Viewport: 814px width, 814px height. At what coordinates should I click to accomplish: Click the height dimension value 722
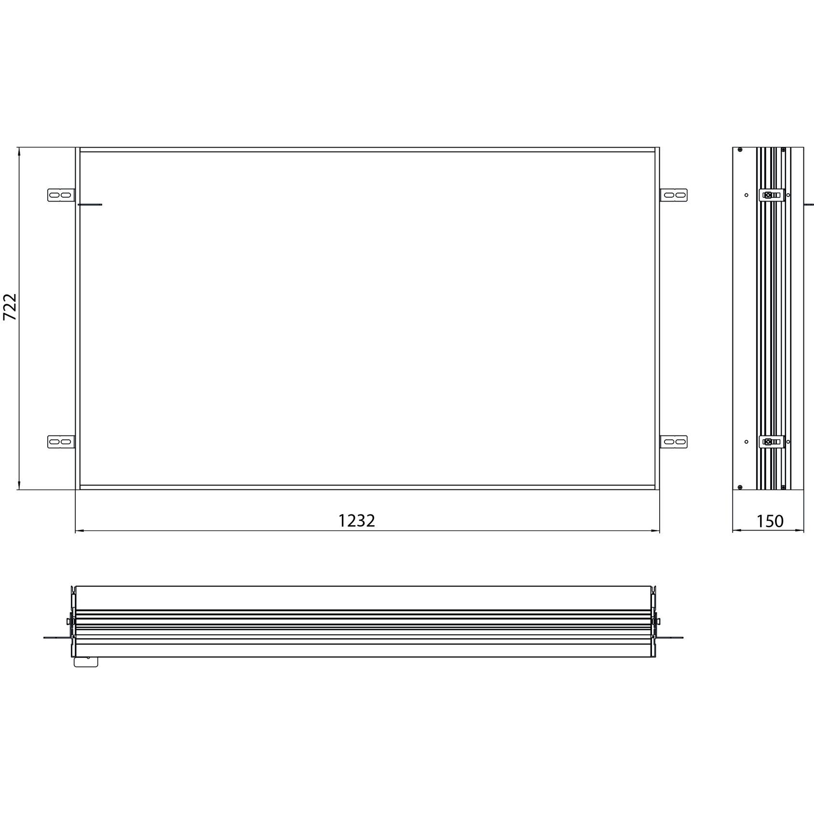10,307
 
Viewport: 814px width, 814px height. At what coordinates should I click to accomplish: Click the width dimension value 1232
356,521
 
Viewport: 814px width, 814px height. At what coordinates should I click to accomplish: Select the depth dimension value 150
770,521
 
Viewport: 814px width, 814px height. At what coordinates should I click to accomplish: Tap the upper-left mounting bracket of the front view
61,195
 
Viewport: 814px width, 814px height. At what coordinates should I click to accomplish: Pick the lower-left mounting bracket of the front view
61,442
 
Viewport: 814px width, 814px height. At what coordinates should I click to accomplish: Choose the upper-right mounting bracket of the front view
674,195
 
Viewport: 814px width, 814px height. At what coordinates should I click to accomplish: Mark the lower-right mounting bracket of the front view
674,442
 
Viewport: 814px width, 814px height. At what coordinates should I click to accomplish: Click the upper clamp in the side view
772,195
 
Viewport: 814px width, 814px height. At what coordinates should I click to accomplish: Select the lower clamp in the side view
772,442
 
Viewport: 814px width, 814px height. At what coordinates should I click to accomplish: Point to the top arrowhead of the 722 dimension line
19,151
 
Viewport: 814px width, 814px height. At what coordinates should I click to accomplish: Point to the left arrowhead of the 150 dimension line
736,531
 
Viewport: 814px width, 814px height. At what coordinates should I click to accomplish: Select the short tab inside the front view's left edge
90,204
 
